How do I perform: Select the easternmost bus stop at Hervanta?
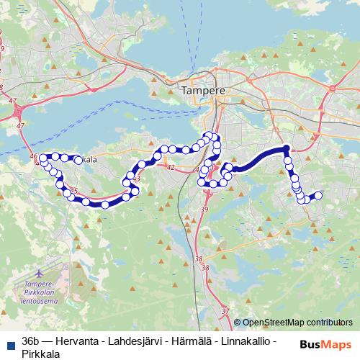pos(318,194)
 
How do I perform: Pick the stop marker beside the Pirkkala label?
pos(77,159)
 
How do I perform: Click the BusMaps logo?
pos(326,345)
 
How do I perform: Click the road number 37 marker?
pos(225,311)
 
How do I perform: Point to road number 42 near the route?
pos(171,167)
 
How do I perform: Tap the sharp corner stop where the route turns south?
pos(287,149)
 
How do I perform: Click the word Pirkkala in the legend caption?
pos(41,352)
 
